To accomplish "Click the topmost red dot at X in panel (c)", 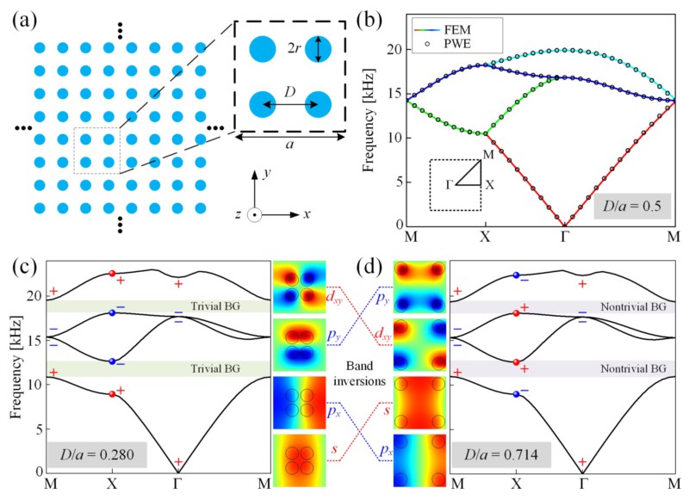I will point(112,274).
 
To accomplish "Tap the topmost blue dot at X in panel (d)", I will point(515,275).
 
